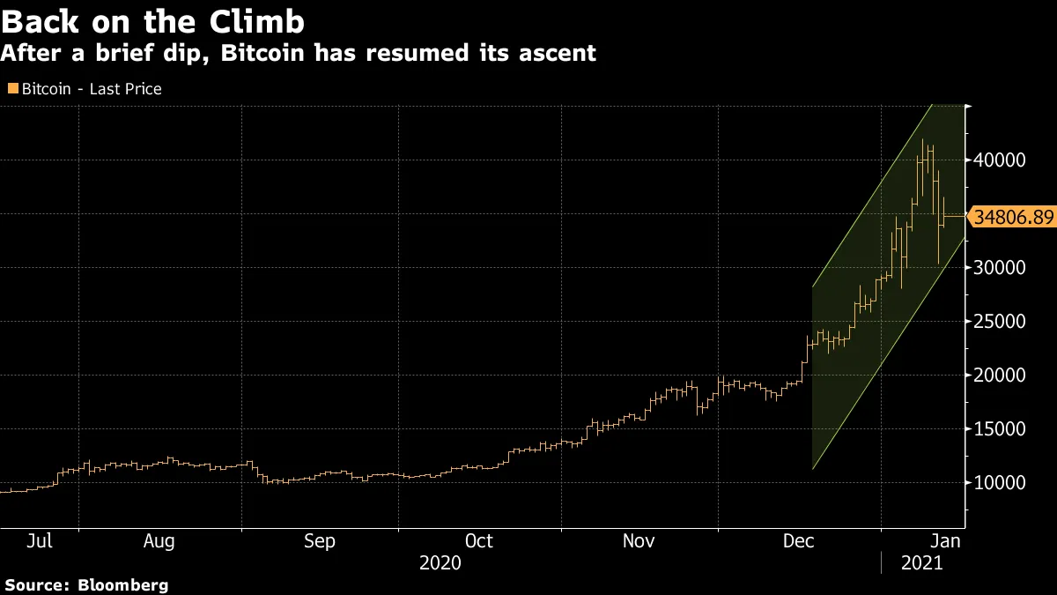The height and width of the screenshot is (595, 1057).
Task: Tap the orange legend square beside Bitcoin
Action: click(x=12, y=88)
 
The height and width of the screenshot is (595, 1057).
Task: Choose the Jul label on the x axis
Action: click(x=39, y=541)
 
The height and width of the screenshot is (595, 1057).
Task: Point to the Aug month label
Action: click(x=159, y=541)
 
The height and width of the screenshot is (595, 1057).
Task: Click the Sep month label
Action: click(x=319, y=541)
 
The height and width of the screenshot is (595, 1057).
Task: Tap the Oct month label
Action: click(x=478, y=541)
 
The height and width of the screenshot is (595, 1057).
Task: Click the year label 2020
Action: click(x=440, y=562)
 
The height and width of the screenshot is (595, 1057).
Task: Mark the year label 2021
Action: click(x=922, y=562)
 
